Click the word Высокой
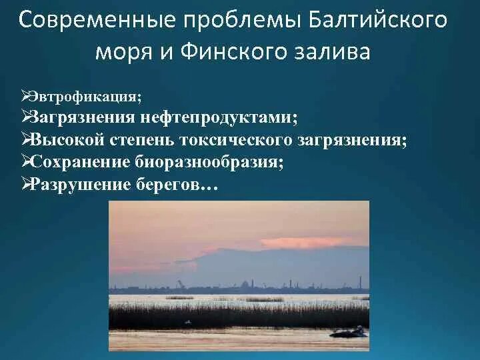click(x=69, y=141)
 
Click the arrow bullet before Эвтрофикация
click(x=25, y=97)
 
